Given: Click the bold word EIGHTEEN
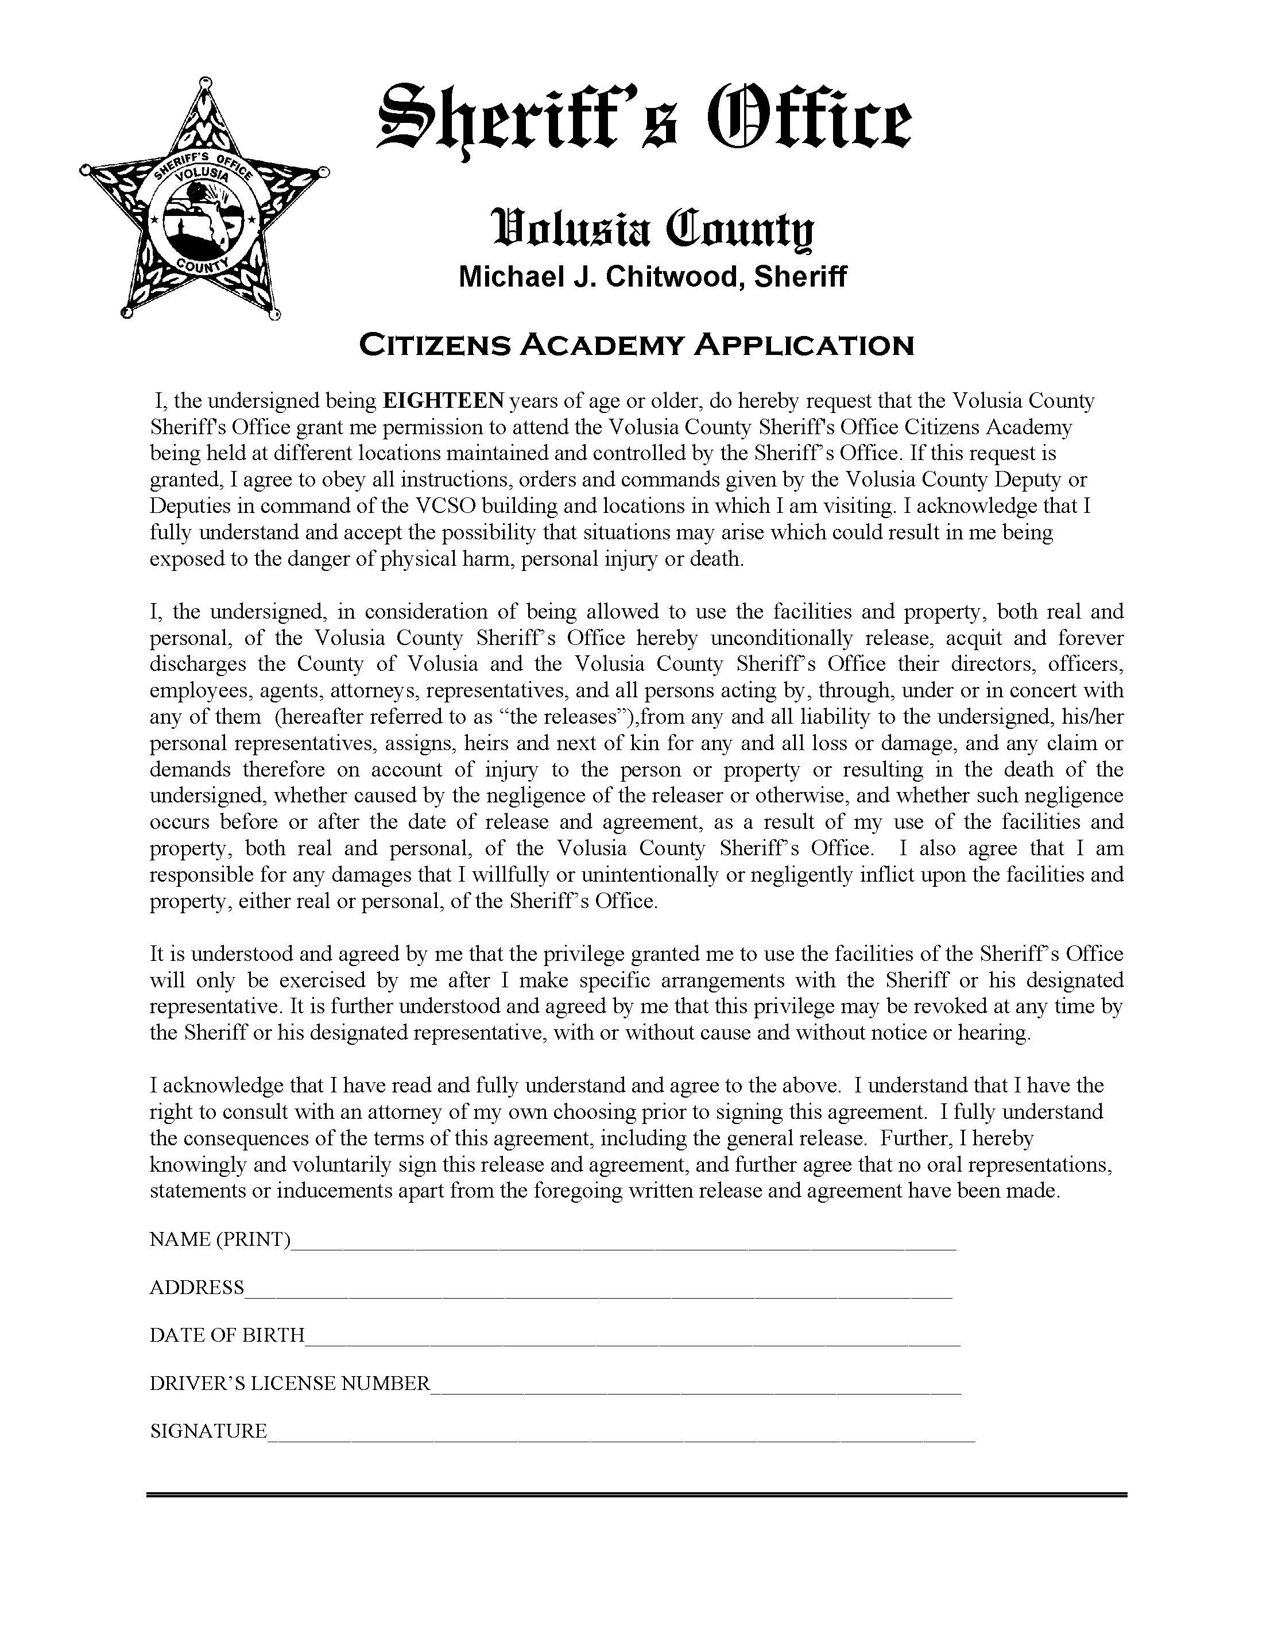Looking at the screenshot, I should click(x=443, y=400).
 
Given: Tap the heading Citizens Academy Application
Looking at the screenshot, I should click(x=636, y=345).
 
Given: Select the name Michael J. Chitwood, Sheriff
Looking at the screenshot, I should click(x=652, y=277).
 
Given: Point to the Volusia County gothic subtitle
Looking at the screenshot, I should click(x=653, y=228).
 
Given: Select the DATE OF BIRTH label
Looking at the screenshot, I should click(x=226, y=1335).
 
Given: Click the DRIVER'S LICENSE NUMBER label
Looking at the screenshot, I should click(x=289, y=1383).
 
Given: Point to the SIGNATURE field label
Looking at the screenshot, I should click(x=208, y=1431).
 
